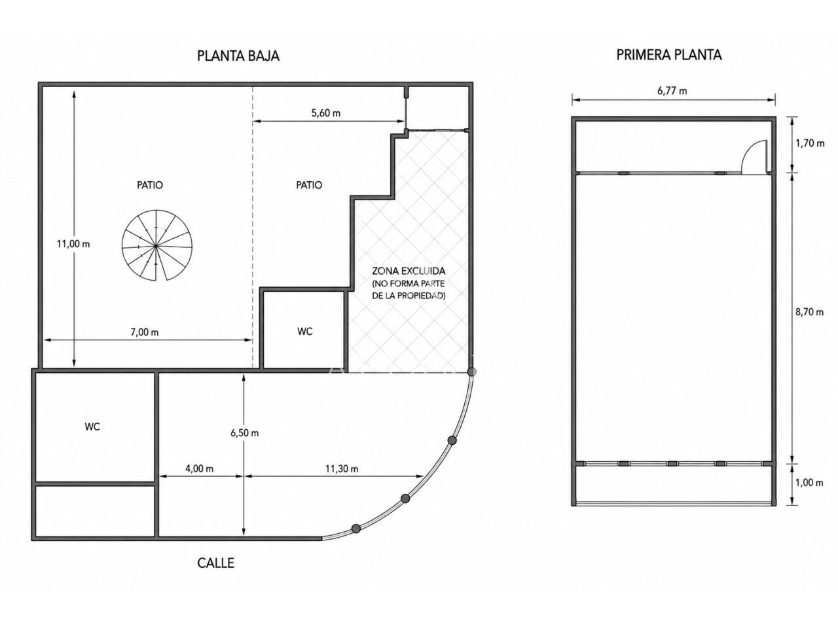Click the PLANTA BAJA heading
(x=238, y=56)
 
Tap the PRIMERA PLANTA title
(x=668, y=55)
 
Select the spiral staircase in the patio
(x=157, y=245)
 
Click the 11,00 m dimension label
(x=73, y=243)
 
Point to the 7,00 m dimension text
(x=145, y=332)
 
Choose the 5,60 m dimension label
(x=325, y=113)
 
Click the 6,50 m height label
(x=244, y=433)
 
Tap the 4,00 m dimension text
(x=199, y=468)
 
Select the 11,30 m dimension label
(x=342, y=468)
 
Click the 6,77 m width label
(x=672, y=91)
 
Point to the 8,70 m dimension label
(x=809, y=312)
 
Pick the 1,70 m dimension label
(x=810, y=143)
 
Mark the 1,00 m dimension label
(x=809, y=483)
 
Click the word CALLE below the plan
(x=215, y=563)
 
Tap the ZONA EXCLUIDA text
(x=409, y=271)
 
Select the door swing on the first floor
(x=754, y=157)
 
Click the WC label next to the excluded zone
(x=304, y=332)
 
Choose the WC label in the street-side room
(x=92, y=427)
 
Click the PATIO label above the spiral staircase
(x=150, y=185)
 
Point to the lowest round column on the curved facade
(x=355, y=528)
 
